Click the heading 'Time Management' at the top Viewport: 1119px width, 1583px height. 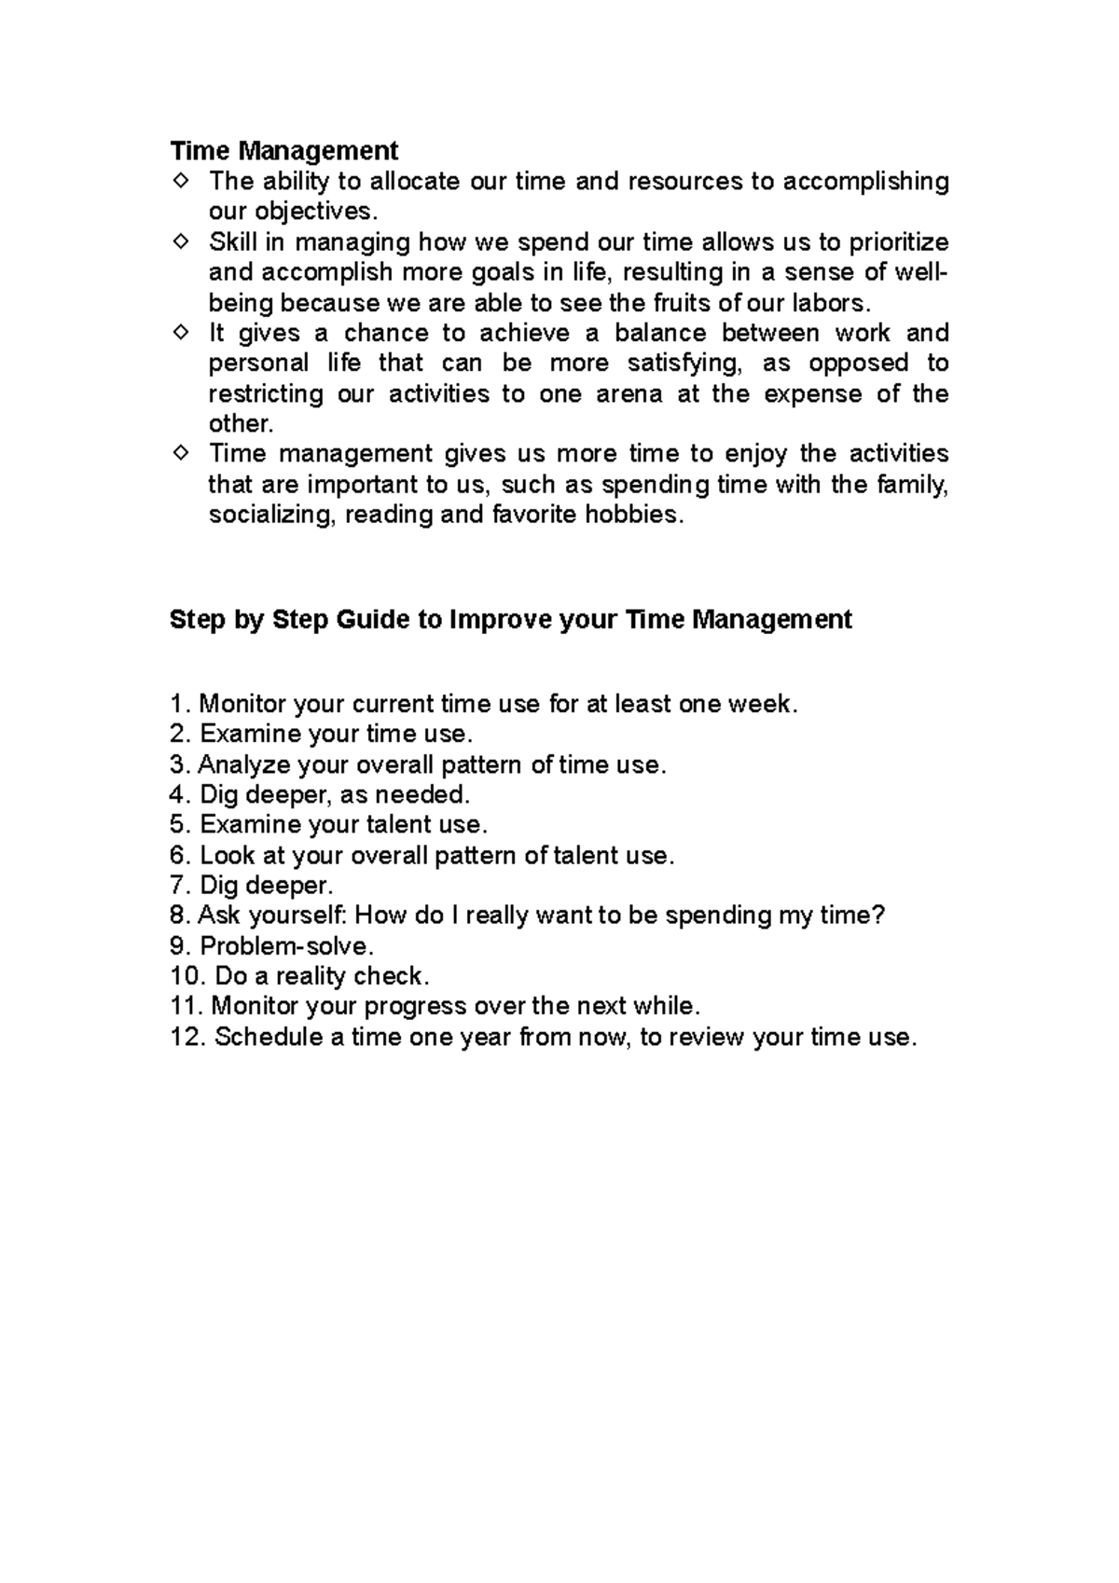[x=283, y=150]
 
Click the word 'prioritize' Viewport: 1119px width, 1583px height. [x=898, y=242]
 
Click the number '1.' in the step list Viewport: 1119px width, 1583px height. [x=179, y=704]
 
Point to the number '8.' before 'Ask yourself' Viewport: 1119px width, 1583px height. [x=179, y=915]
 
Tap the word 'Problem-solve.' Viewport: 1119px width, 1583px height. [x=286, y=946]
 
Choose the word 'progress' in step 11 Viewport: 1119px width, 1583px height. [x=415, y=1007]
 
